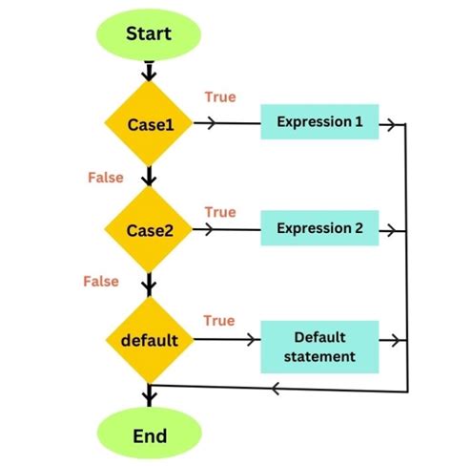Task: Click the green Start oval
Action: click(149, 34)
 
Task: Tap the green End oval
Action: click(149, 435)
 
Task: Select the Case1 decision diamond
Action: click(149, 124)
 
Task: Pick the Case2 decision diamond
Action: click(149, 230)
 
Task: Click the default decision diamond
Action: click(149, 339)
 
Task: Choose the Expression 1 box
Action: click(319, 122)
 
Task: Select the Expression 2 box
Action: click(319, 229)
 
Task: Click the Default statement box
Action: click(319, 347)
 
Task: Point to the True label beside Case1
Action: click(219, 97)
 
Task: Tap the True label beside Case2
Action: click(219, 211)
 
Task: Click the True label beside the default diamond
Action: click(219, 321)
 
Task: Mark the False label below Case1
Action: click(105, 178)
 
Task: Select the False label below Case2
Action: click(101, 282)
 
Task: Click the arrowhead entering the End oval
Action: click(149, 397)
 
